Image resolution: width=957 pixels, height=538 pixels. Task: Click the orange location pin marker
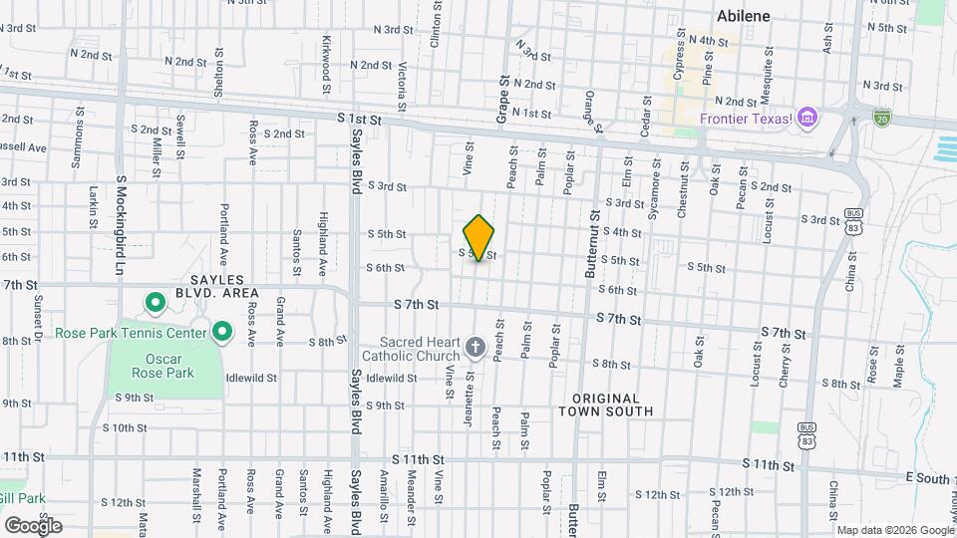(x=479, y=237)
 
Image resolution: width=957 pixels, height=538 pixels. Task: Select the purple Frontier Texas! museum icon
(x=808, y=121)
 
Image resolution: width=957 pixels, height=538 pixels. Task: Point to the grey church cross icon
(x=476, y=348)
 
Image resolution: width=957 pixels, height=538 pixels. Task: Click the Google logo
(x=33, y=525)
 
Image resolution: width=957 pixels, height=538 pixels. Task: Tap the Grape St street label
(x=504, y=100)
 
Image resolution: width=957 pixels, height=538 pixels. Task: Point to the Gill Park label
(x=22, y=497)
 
